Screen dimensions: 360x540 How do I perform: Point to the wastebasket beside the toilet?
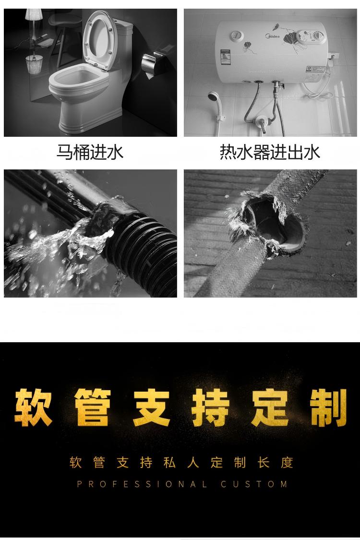click(34, 65)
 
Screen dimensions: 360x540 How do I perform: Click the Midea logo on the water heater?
click(272, 36)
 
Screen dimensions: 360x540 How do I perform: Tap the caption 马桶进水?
click(90, 152)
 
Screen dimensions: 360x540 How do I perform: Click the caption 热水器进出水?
click(270, 152)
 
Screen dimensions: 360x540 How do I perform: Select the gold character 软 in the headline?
click(33, 408)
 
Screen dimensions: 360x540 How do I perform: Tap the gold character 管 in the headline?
click(93, 408)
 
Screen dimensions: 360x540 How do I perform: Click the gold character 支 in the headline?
click(152, 408)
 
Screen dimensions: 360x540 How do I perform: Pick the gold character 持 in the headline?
click(211, 408)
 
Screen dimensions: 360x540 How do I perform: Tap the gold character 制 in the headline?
click(328, 408)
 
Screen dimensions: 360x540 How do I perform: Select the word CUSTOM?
click(254, 484)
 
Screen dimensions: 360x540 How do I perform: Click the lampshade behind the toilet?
click(34, 13)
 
